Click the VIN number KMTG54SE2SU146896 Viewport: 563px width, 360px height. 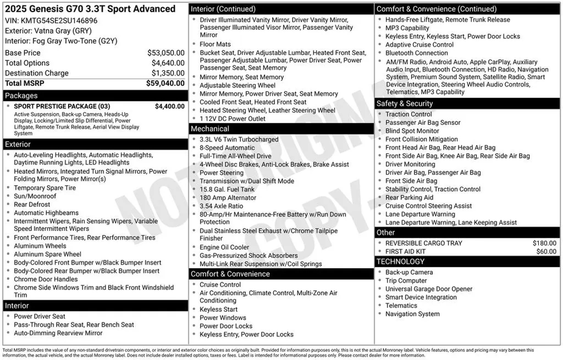point(59,21)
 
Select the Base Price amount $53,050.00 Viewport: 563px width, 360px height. point(166,53)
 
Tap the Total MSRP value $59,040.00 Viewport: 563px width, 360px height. point(165,83)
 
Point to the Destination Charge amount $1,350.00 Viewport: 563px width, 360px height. point(168,73)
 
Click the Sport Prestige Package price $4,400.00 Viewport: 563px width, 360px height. point(170,106)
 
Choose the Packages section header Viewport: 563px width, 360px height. point(21,96)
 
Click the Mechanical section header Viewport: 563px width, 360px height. point(210,129)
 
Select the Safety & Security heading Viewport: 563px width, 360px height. point(404,104)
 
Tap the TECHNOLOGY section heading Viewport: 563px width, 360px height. point(400,261)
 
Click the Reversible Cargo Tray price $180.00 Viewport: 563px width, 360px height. point(544,243)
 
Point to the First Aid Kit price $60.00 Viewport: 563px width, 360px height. point(546,251)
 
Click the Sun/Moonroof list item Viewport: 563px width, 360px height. point(35,196)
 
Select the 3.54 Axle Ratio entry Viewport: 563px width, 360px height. point(221,206)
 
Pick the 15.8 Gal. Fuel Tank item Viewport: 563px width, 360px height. point(227,189)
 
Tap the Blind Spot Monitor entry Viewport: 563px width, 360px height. point(412,131)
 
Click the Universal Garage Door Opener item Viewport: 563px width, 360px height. point(429,289)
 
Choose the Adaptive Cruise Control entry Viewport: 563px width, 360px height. point(419,45)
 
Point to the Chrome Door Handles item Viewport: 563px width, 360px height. point(46,279)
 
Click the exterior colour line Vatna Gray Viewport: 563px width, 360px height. point(48,31)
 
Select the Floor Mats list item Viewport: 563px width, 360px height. point(215,44)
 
